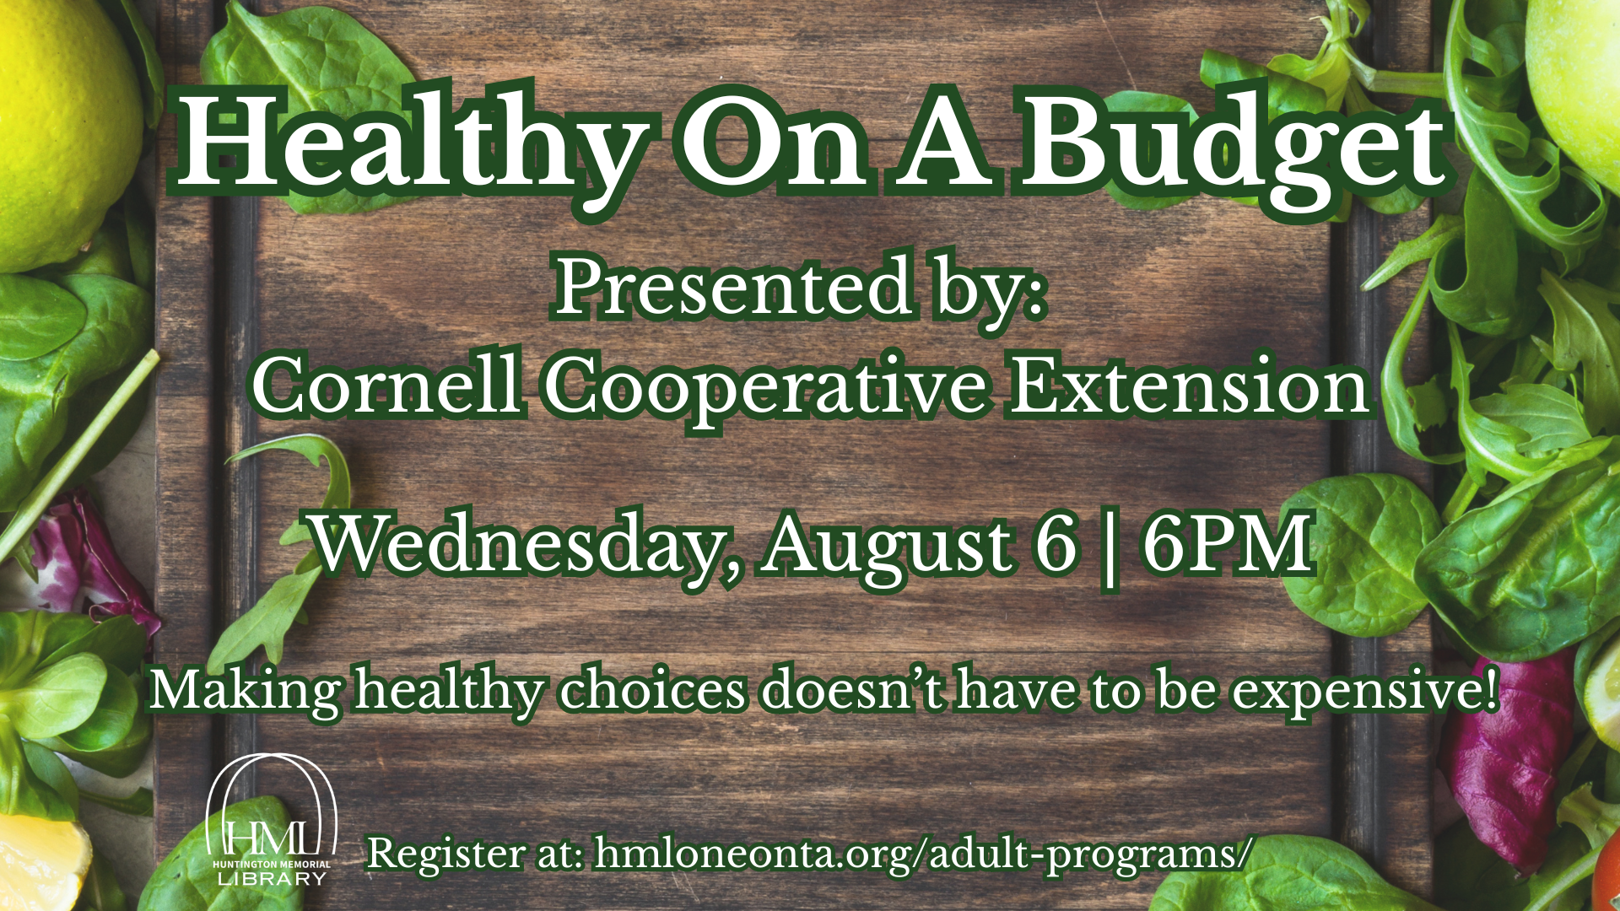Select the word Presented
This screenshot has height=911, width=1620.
tap(733, 287)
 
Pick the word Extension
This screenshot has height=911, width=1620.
tap(1190, 385)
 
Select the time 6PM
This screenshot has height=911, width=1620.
tap(1227, 543)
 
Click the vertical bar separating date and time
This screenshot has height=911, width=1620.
tap(1110, 548)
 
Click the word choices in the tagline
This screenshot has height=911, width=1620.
tap(653, 690)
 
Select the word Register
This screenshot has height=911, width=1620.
tap(445, 854)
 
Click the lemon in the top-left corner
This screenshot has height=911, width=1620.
tap(63, 127)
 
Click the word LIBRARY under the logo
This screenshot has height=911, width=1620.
tap(272, 879)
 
